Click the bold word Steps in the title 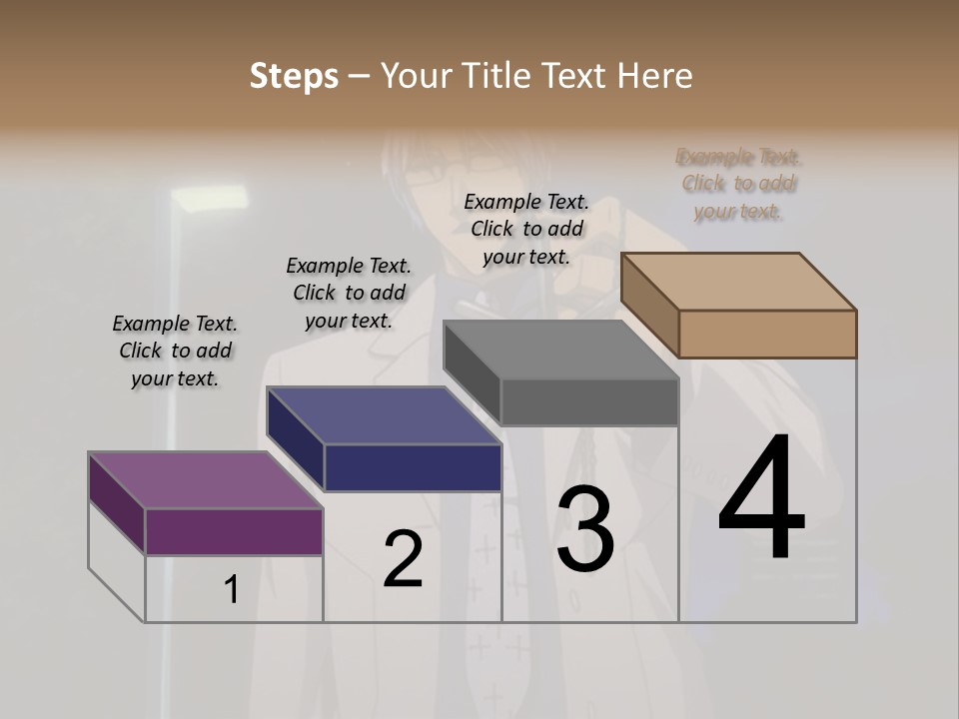294,76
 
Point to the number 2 404,559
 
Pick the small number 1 232,590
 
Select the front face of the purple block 234,531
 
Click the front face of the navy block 413,467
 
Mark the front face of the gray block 589,402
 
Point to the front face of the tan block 767,334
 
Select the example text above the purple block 175,351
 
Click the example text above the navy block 349,293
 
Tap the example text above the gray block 526,229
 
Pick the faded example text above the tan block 739,184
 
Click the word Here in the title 656,76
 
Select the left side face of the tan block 650,305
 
